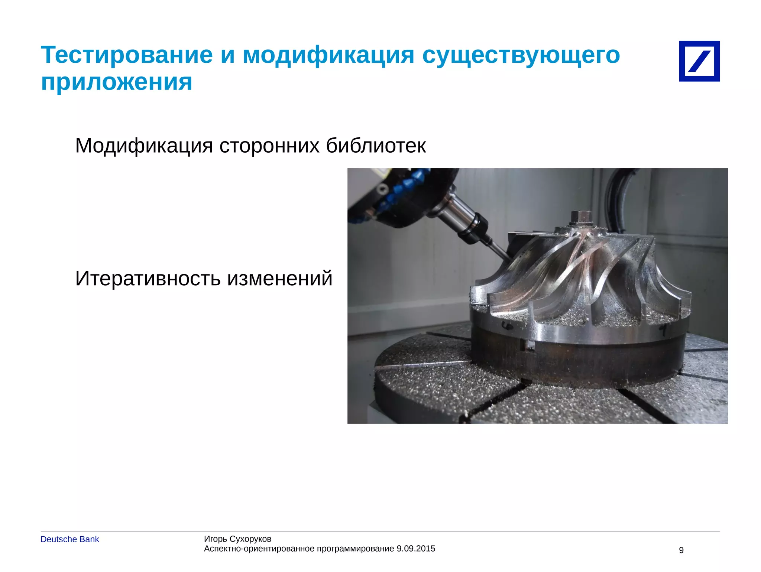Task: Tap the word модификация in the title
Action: coord(328,55)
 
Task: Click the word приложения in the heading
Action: coord(116,82)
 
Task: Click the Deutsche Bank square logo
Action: coord(699,61)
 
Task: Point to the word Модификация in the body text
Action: coord(144,146)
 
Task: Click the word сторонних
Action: coord(269,146)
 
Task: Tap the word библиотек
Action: coord(376,146)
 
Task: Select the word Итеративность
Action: coord(148,279)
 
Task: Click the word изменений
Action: coord(280,279)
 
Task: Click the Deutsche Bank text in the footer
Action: coord(69,539)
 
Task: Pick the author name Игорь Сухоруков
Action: coord(237,539)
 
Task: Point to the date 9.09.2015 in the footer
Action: coord(416,549)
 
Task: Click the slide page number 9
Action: coord(681,550)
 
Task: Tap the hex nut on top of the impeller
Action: coord(580,217)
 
